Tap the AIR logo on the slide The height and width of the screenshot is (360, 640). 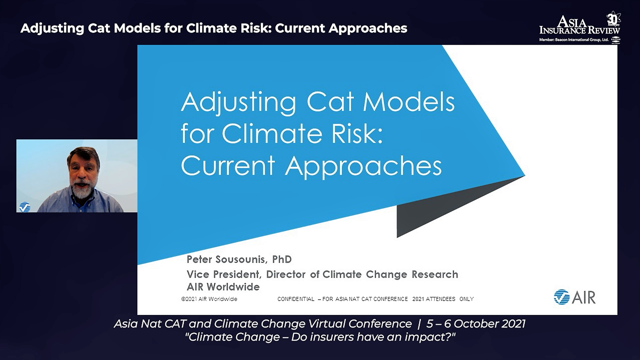[575, 297]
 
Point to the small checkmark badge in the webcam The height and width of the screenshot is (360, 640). [25, 207]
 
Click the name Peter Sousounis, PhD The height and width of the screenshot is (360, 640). [239, 259]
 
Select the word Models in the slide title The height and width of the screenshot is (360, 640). [409, 102]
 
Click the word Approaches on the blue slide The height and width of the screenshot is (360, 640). [363, 166]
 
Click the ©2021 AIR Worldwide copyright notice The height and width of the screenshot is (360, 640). [209, 299]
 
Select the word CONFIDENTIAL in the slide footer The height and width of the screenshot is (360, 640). [296, 299]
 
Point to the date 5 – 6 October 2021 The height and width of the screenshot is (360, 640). [476, 324]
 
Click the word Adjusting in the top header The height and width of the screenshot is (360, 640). [52, 29]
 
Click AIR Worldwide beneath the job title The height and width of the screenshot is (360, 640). [223, 287]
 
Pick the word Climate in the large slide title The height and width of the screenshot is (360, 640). [272, 134]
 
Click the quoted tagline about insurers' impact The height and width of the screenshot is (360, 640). [320, 337]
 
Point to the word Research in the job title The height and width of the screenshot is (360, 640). [435, 274]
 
